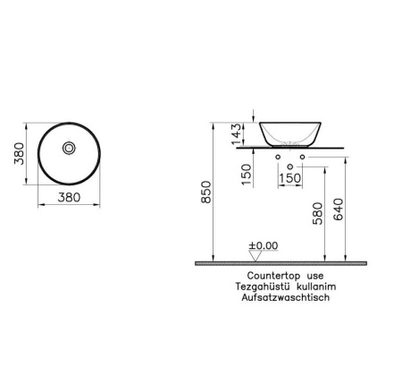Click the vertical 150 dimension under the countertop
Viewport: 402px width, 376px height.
[x=248, y=172]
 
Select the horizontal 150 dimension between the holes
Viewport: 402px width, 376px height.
[x=291, y=178]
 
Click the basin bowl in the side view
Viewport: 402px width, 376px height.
[x=290, y=132]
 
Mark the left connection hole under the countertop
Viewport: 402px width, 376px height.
[x=278, y=158]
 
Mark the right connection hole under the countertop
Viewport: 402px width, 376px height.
[x=303, y=158]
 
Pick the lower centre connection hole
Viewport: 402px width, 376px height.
[x=290, y=167]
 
